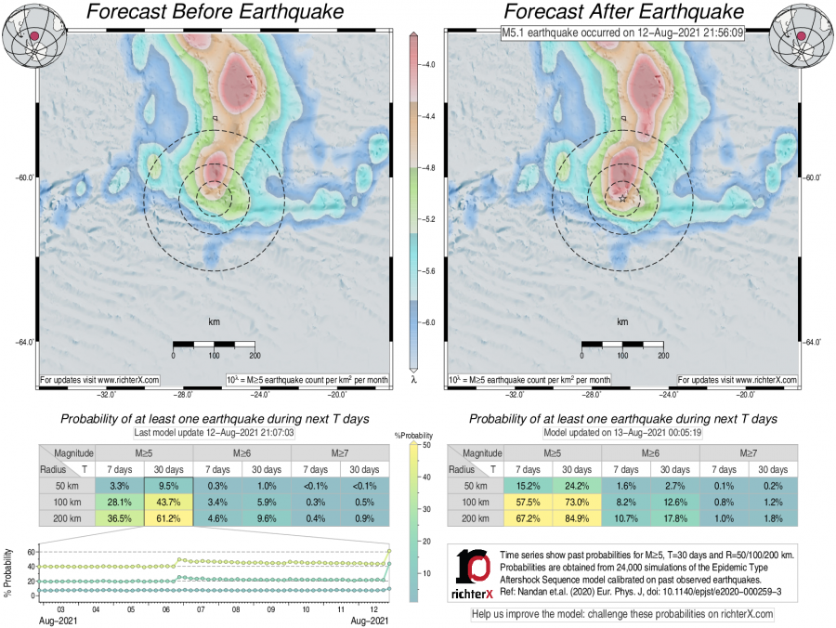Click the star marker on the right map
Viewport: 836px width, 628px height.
(x=621, y=198)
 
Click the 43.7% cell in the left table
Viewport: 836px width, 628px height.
(x=169, y=503)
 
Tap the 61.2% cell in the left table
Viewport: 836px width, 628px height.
(x=169, y=519)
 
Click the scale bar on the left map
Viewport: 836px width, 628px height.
(x=215, y=346)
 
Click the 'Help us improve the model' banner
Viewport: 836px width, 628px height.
(x=622, y=614)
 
